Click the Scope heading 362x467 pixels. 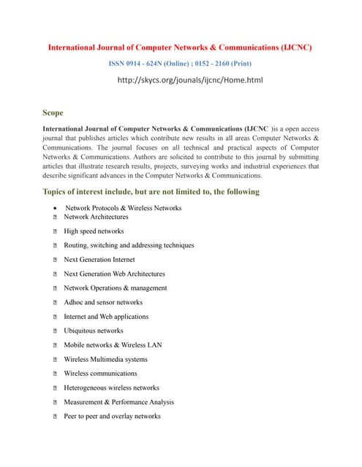tap(53, 113)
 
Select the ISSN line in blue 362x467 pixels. tap(180, 63)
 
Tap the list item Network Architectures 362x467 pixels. tap(96, 217)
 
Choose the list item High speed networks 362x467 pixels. tap(94, 231)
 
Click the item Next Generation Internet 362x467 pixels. tap(99, 260)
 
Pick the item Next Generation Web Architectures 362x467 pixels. tap(114, 274)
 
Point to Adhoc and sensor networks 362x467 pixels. tap(103, 302)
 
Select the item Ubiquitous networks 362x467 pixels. tap(94, 331)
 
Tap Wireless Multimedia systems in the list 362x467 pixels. tap(105, 359)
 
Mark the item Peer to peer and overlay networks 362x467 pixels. tap(112, 416)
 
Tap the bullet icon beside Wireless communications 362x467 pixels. tap(56, 374)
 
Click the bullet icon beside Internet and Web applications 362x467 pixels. tap(56, 317)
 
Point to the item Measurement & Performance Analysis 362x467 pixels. tap(118, 402)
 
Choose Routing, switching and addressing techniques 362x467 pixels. tap(129, 245)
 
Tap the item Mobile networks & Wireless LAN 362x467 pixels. tap(108, 345)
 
